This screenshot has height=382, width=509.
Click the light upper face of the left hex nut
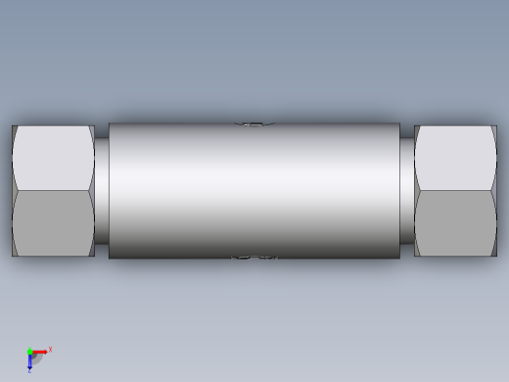[54, 158]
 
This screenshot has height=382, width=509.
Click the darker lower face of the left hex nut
[54, 222]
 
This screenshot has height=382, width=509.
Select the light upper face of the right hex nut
[455, 158]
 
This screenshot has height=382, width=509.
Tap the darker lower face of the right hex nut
[455, 222]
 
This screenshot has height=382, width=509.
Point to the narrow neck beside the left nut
[102, 190]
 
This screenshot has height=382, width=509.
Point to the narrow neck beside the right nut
[407, 190]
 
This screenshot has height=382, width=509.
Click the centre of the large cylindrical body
[254, 190]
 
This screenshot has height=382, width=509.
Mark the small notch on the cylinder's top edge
[253, 124]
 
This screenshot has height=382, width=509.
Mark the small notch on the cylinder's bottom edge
[253, 257]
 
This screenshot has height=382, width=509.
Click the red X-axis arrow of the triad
[40, 352]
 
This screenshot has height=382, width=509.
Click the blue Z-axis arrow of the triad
[29, 361]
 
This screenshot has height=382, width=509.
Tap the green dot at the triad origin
[29, 352]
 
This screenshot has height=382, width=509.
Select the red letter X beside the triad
[50, 349]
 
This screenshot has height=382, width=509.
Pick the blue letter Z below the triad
[29, 371]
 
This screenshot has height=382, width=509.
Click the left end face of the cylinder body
[110, 190]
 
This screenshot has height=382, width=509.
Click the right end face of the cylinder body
[399, 190]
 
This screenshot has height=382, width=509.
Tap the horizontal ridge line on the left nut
[54, 190]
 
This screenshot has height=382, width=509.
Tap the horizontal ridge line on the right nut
[455, 190]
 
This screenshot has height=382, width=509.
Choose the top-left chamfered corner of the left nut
[15, 129]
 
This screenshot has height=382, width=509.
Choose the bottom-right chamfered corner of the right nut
[493, 252]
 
